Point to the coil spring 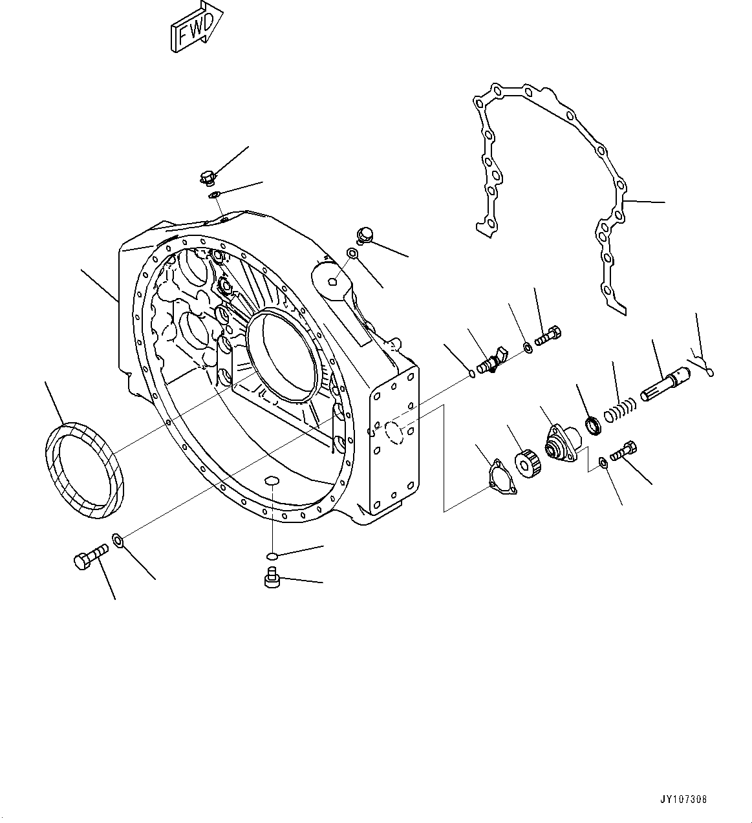(x=621, y=410)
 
